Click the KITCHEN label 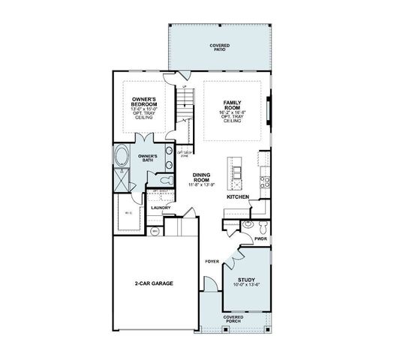[238, 196]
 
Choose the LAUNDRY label [161, 207]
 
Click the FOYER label [212, 262]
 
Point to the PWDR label [260, 238]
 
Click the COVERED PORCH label [233, 319]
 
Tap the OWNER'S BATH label [147, 157]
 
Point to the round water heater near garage [155, 232]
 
